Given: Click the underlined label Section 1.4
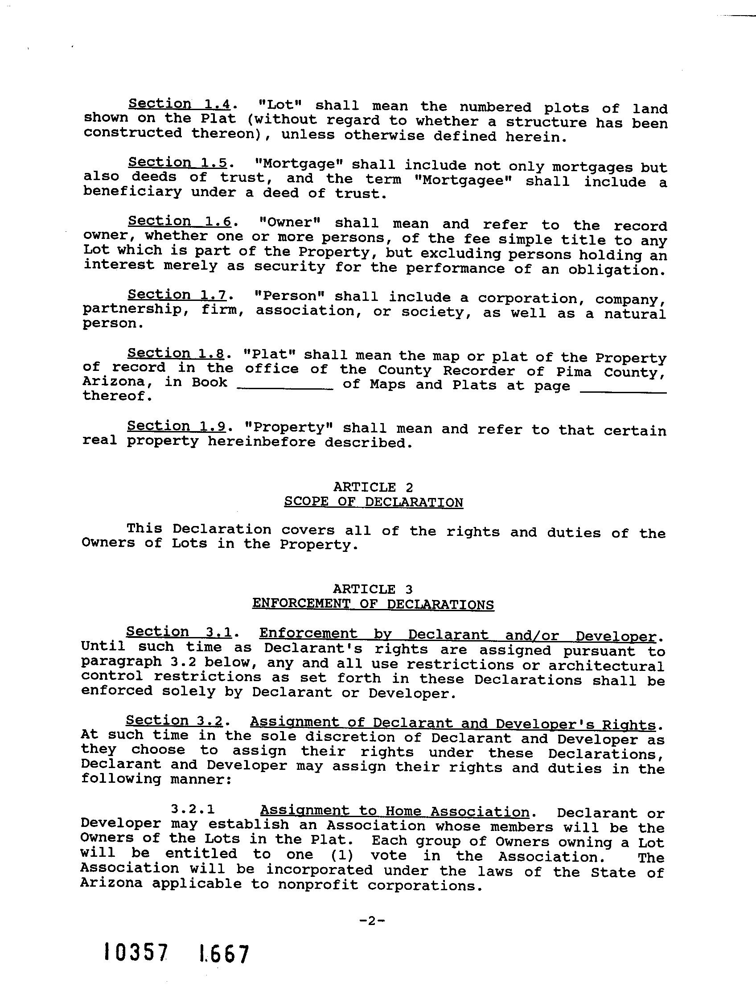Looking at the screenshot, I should point(179,104).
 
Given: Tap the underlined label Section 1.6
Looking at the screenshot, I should point(179,221).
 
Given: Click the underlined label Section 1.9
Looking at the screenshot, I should point(176,426).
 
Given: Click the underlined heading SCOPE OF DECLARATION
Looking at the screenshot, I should point(374,503).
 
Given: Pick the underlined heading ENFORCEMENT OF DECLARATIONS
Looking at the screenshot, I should point(373,604).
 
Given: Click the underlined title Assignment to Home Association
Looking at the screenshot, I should point(394,811).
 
